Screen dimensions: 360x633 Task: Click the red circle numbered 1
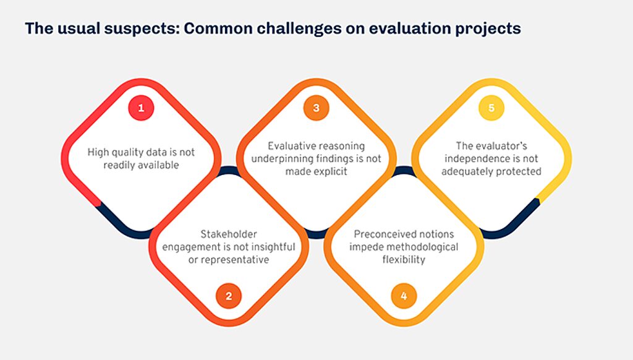click(141, 108)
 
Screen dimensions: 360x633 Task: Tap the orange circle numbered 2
click(229, 296)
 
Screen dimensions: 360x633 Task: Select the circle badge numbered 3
click(316, 108)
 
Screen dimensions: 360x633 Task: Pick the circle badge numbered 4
click(404, 296)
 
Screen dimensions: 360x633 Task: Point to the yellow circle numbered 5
click(491, 108)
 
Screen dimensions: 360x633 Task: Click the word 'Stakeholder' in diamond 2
click(229, 234)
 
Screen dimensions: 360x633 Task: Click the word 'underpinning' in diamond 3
click(277, 159)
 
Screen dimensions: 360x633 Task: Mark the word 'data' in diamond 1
click(159, 152)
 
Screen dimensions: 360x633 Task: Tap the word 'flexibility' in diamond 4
click(404, 260)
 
